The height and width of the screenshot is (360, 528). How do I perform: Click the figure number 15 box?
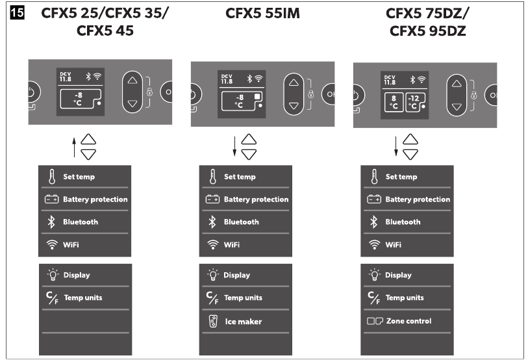pos(17,13)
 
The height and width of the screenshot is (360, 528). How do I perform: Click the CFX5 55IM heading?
pos(262,14)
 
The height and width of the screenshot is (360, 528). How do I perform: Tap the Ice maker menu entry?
pos(243,322)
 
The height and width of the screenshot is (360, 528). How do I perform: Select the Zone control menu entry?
pos(409,321)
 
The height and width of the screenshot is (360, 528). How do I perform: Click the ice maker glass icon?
pos(213,321)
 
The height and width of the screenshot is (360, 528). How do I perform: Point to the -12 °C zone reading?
pos(415,102)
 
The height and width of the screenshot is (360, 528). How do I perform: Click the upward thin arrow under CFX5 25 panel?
pos(75,148)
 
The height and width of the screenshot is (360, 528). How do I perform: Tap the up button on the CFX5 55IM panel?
pos(294,83)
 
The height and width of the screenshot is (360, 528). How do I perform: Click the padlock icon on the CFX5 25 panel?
pos(149,92)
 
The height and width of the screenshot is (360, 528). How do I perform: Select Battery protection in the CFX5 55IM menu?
pos(256,199)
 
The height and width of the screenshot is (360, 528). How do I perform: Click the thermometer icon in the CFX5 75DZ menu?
pos(374,177)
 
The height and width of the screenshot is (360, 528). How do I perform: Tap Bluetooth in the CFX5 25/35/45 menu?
pos(81,222)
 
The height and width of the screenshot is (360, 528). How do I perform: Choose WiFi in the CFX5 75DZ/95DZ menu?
pos(394,245)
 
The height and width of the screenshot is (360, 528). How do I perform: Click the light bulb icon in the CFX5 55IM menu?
pos(213,275)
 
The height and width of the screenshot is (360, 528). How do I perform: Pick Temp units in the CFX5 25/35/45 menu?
pos(83,298)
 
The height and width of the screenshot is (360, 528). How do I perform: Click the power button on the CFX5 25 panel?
pos(33,92)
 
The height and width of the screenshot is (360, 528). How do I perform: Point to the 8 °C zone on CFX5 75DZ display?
pos(394,103)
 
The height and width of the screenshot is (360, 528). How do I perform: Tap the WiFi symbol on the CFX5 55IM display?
pos(258,79)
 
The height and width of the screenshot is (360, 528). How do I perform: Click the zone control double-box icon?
pos(375,321)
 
